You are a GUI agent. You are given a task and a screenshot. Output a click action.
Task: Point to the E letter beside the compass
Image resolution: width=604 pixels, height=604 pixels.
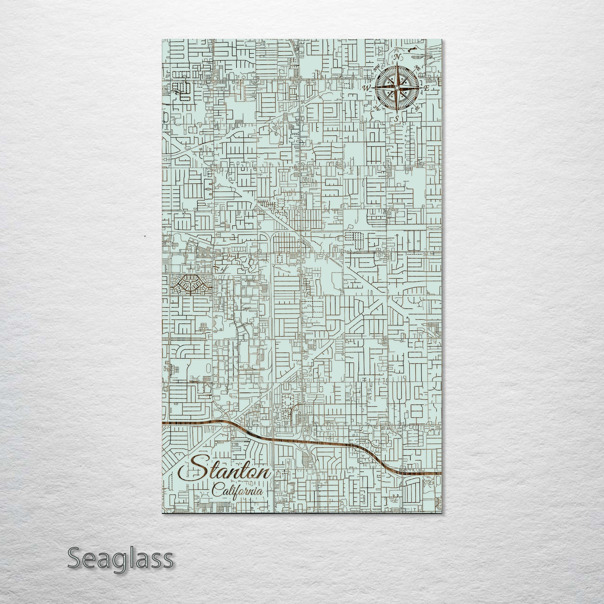pos(427,88)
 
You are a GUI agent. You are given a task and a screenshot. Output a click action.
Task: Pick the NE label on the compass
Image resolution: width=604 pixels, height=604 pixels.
pos(418,67)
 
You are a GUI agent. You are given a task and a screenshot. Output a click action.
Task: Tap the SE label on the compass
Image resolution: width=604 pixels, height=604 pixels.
pos(417,108)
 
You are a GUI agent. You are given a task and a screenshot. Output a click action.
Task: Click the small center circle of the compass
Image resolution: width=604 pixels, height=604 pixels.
pos(396,88)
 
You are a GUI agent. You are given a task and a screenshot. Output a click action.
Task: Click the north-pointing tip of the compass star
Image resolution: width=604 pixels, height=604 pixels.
pos(397,62)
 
